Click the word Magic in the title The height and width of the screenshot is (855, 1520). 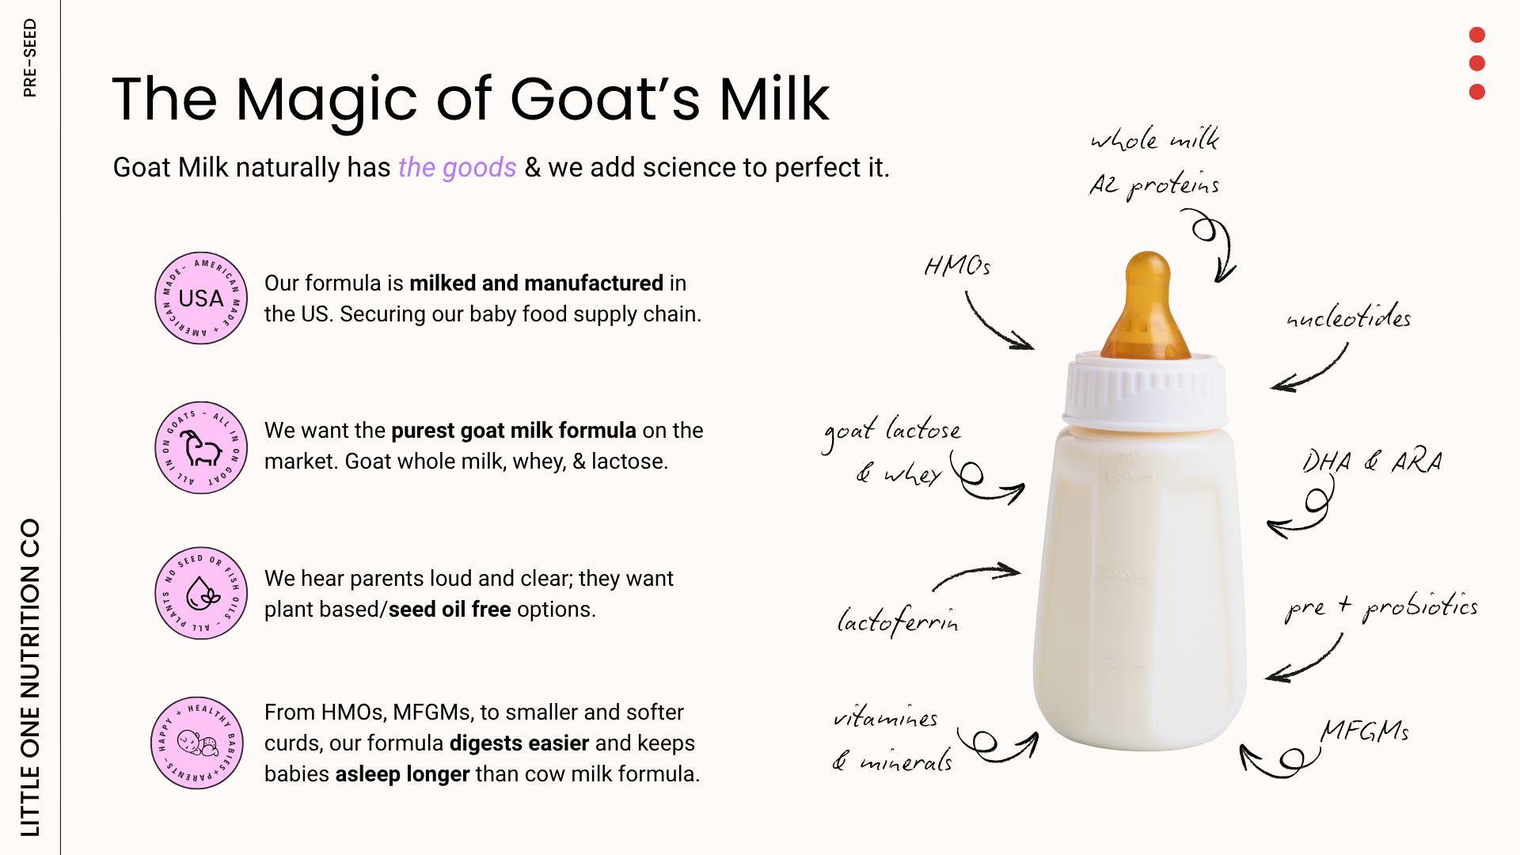pyautogui.click(x=326, y=101)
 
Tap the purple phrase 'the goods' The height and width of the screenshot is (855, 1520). pyautogui.click(x=457, y=168)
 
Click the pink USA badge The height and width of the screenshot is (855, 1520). pyautogui.click(x=201, y=298)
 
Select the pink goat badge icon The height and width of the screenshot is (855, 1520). pyautogui.click(x=201, y=447)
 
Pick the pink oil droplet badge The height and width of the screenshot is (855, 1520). pyautogui.click(x=201, y=593)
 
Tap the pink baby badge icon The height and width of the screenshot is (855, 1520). pyautogui.click(x=197, y=743)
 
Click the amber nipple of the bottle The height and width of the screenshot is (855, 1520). pyautogui.click(x=1147, y=306)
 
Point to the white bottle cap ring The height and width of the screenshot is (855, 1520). pyautogui.click(x=1146, y=393)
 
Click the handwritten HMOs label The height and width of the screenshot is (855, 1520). pyautogui.click(x=957, y=265)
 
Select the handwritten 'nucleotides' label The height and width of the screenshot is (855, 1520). pyautogui.click(x=1349, y=316)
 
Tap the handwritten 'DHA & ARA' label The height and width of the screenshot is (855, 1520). pyautogui.click(x=1373, y=461)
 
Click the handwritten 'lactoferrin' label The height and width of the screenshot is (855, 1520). pyautogui.click(x=898, y=621)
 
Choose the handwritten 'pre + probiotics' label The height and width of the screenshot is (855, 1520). pyautogui.click(x=1381, y=606)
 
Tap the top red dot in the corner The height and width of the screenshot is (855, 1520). pyautogui.click(x=1476, y=35)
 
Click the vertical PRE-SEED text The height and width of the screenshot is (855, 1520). pyautogui.click(x=30, y=58)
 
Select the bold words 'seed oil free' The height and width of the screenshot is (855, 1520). pyautogui.click(x=450, y=610)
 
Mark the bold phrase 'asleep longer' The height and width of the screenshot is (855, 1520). pyautogui.click(x=402, y=774)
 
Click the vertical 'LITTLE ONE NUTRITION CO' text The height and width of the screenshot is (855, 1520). pyautogui.click(x=30, y=678)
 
